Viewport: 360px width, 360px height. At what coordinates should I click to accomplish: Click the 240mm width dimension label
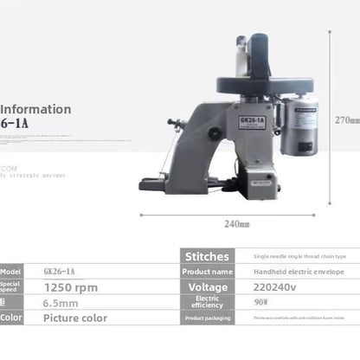(236, 223)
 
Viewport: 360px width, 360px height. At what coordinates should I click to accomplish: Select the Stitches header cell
(208, 256)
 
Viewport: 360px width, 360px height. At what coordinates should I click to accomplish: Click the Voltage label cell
(208, 286)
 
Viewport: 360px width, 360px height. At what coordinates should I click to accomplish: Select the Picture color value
(75, 318)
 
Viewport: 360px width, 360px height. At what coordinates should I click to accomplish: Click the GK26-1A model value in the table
(59, 271)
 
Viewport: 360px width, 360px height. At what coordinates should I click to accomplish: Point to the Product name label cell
(208, 272)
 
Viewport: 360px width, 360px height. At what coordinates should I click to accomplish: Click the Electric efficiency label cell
(208, 302)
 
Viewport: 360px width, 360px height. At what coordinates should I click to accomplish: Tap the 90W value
(259, 302)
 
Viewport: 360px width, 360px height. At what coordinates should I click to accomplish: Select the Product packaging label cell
(208, 318)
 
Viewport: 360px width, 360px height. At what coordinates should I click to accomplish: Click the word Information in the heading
(35, 109)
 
